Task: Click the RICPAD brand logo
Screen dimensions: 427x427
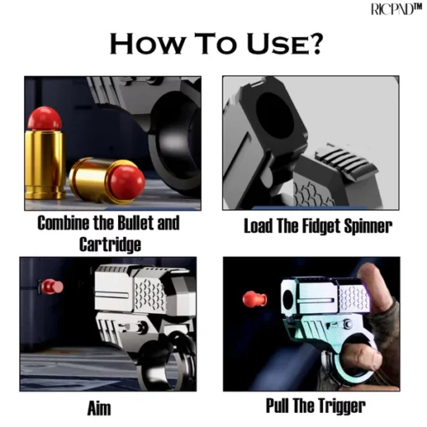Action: pos(396,9)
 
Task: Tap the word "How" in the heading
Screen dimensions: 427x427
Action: pos(147,44)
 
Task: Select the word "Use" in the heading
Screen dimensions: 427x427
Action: pos(275,44)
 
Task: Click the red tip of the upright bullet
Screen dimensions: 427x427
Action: pos(44,118)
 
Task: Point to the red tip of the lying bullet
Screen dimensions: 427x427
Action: pos(127,182)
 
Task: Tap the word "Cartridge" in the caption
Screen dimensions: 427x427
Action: pos(110,244)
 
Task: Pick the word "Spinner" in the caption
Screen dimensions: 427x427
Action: pos(368,227)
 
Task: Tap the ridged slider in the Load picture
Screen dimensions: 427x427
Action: pos(346,160)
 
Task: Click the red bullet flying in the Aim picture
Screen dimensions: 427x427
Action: pos(52,286)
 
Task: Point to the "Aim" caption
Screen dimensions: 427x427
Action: pos(99,409)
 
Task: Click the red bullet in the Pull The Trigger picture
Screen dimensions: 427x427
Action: pos(255,300)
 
